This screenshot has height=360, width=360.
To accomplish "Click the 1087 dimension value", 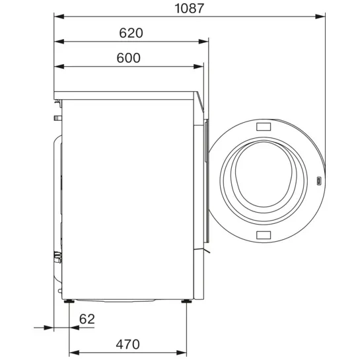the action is click(189, 9).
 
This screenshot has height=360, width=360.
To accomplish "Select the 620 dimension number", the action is click(131, 33).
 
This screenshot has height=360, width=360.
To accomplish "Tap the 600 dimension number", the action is click(128, 58).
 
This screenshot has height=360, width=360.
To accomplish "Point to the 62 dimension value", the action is click(87, 319).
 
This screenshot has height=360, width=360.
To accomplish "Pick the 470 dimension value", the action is click(127, 344).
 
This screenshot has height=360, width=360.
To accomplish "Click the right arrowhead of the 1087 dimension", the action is click(320, 17).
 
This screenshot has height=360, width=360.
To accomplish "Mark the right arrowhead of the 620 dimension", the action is click(203, 42).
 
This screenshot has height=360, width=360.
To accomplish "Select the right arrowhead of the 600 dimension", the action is click(198, 67).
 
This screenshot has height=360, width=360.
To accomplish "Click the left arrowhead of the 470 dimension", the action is click(74, 353).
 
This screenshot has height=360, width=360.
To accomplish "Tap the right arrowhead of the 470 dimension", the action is click(182, 353).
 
